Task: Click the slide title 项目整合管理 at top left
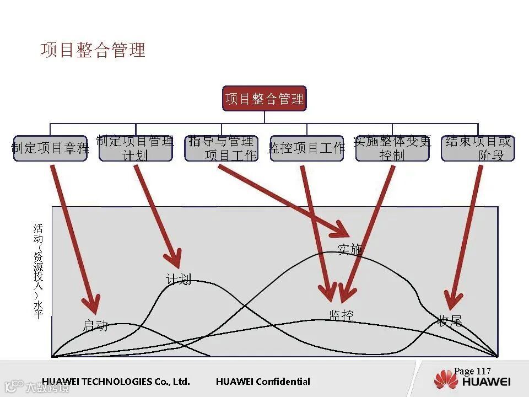tap(93, 50)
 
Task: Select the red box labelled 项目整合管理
tap(264, 99)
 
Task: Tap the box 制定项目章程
tap(50, 148)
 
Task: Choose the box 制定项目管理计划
tap(136, 148)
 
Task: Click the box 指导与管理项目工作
tap(221, 148)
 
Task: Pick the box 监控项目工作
tap(306, 148)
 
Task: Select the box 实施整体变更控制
tap(392, 148)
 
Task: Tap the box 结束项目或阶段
tap(478, 148)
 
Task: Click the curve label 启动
tap(95, 325)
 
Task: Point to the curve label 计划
tap(179, 280)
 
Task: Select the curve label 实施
tap(349, 249)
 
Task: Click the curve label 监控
tap(341, 315)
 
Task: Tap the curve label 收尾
tap(450, 321)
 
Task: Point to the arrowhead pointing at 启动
tap(91, 305)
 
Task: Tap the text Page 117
tap(472, 371)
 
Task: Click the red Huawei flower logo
tap(446, 380)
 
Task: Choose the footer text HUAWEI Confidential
tap(263, 382)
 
